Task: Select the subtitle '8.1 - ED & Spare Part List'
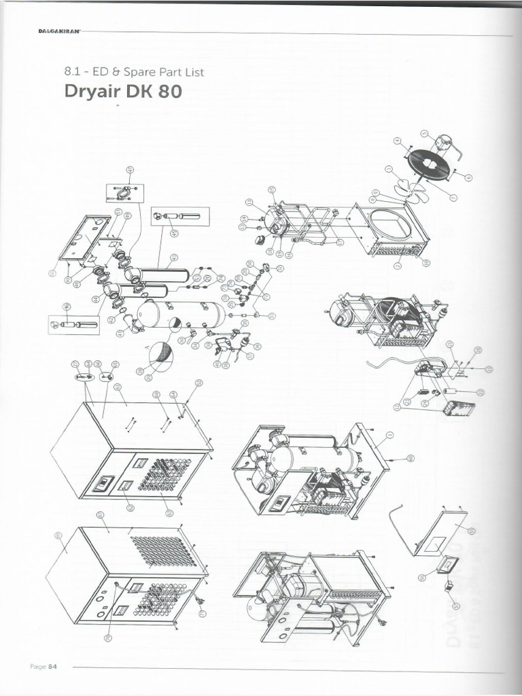click(133, 71)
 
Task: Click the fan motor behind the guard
click(445, 143)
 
